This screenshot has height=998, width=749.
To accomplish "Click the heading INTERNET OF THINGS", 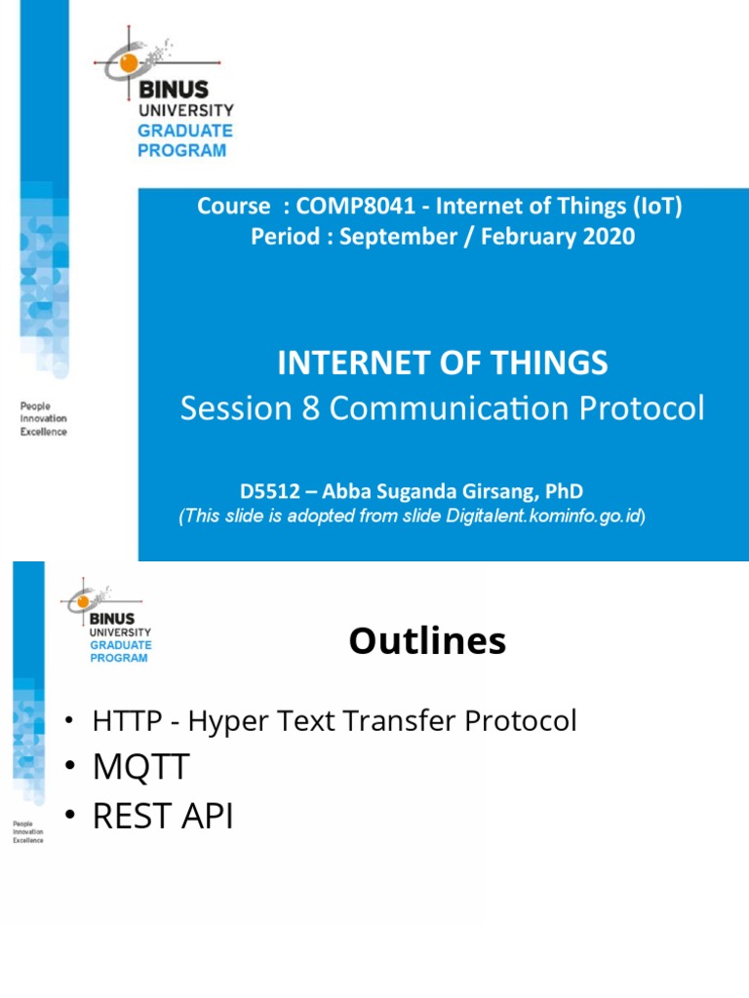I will pos(443,364).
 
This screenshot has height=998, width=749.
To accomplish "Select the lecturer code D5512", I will pos(269,492).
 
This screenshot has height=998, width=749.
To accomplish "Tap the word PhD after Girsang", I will pos(566,492).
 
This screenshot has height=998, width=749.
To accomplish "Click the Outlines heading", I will pos(427,641).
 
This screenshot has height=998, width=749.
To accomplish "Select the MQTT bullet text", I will pos(140,768).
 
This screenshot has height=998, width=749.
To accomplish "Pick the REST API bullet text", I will pos(163,816).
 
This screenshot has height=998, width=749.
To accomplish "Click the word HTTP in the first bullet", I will pos(119,721).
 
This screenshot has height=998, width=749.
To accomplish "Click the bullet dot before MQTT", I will pos(69,768).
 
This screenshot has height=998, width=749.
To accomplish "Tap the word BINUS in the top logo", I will pos(173,89).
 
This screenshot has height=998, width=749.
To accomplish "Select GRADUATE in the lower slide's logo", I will pos(121,645).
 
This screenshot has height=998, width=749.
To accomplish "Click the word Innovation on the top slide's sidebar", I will pos(44,419).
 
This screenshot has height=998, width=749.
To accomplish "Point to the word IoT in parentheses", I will pos(660,206).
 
